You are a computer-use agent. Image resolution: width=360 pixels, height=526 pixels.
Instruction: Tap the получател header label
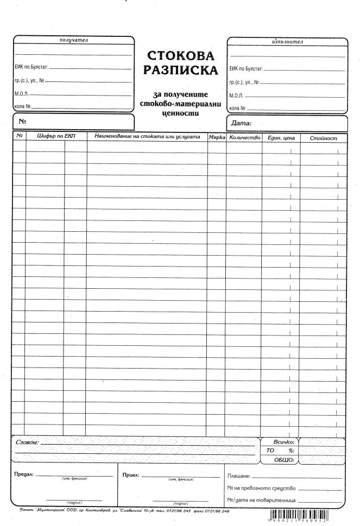73,40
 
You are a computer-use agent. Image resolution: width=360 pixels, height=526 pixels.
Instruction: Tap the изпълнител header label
286,41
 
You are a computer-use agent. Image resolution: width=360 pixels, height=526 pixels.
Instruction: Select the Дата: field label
242,123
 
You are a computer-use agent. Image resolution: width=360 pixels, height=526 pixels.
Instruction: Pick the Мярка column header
217,137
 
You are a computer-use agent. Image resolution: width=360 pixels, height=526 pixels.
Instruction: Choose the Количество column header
244,137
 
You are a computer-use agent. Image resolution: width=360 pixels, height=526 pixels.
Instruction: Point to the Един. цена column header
281,138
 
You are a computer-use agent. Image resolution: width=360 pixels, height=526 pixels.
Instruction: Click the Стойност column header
323,138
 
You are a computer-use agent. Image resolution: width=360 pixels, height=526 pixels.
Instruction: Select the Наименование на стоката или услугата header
147,137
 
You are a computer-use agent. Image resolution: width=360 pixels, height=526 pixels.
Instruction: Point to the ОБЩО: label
284,460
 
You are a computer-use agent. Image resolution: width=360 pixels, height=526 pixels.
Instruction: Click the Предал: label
24,474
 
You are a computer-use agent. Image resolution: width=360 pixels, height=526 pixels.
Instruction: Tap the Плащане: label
239,476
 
